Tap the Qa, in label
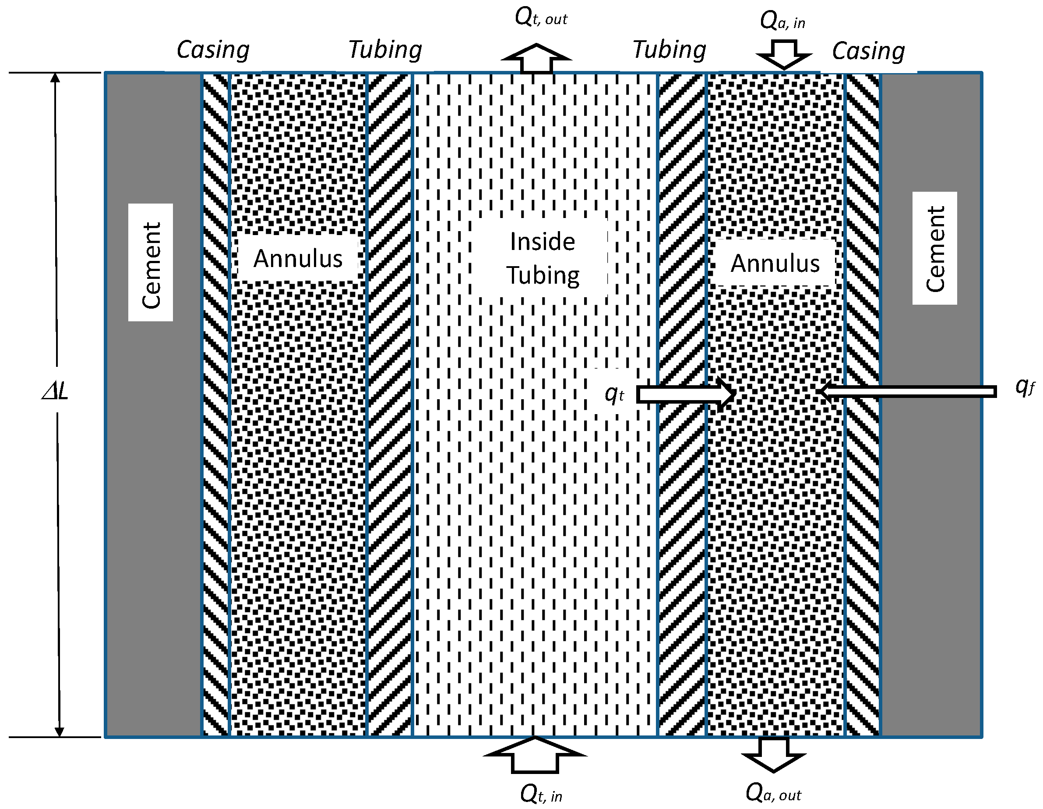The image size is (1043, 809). coord(782,21)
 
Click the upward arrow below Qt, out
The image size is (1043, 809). coord(536,58)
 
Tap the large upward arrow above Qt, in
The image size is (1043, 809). coord(535,755)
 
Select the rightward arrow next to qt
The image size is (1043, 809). coord(686,394)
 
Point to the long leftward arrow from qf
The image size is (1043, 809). coord(907,392)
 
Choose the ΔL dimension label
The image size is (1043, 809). coord(56,390)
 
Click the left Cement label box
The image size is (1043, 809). coord(151,263)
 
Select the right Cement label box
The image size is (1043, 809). coord(934,248)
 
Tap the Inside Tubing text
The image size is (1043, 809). coord(543,258)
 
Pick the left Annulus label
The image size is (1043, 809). coord(298,258)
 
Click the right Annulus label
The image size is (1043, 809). coord(775,263)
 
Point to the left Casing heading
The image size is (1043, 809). coord(213,49)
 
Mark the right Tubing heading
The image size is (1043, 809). coord(669,49)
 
